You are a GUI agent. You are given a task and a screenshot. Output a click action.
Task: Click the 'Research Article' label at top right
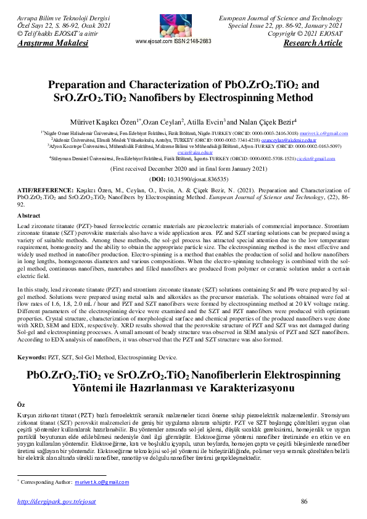312,43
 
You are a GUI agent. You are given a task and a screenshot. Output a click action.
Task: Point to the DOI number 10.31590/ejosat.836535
192,178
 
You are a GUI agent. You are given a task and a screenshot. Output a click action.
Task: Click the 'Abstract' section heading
29,216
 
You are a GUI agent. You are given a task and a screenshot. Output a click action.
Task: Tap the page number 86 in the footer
303,502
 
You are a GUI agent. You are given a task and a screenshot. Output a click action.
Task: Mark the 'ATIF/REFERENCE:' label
41,192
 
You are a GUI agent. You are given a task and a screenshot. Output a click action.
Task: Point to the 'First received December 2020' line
183,168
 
